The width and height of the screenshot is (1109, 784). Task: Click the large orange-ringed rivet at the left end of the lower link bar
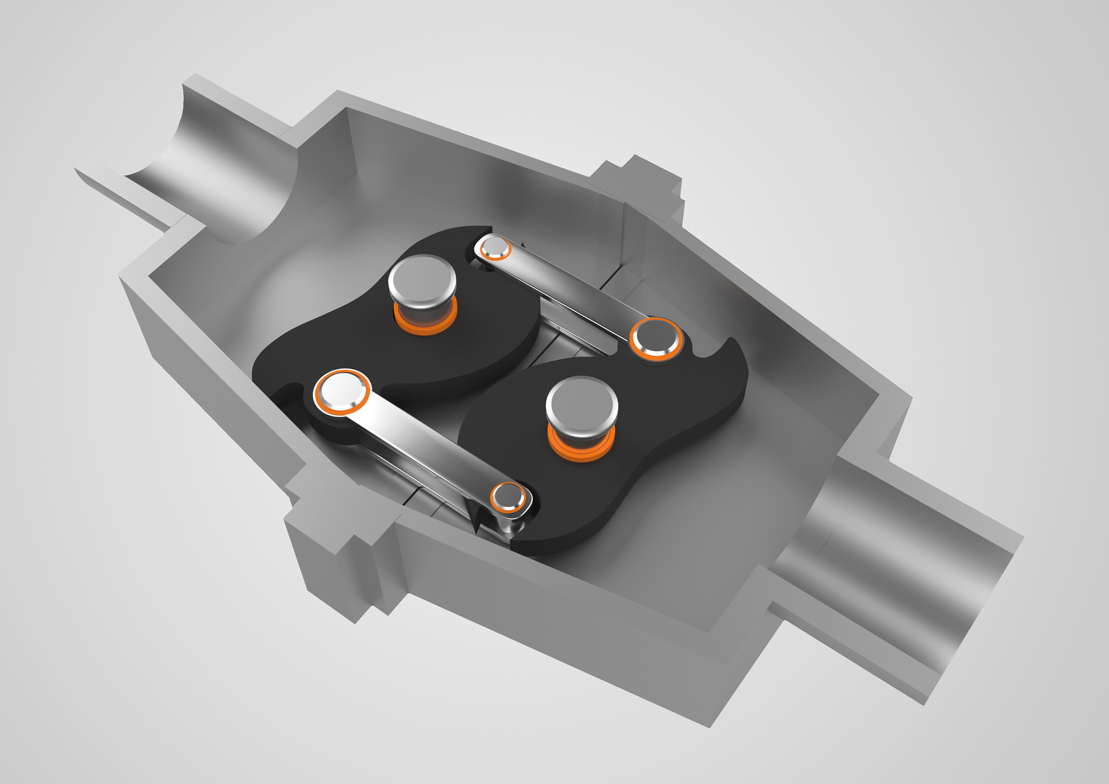[342, 391]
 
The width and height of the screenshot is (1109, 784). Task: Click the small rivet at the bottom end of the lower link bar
[508, 496]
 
